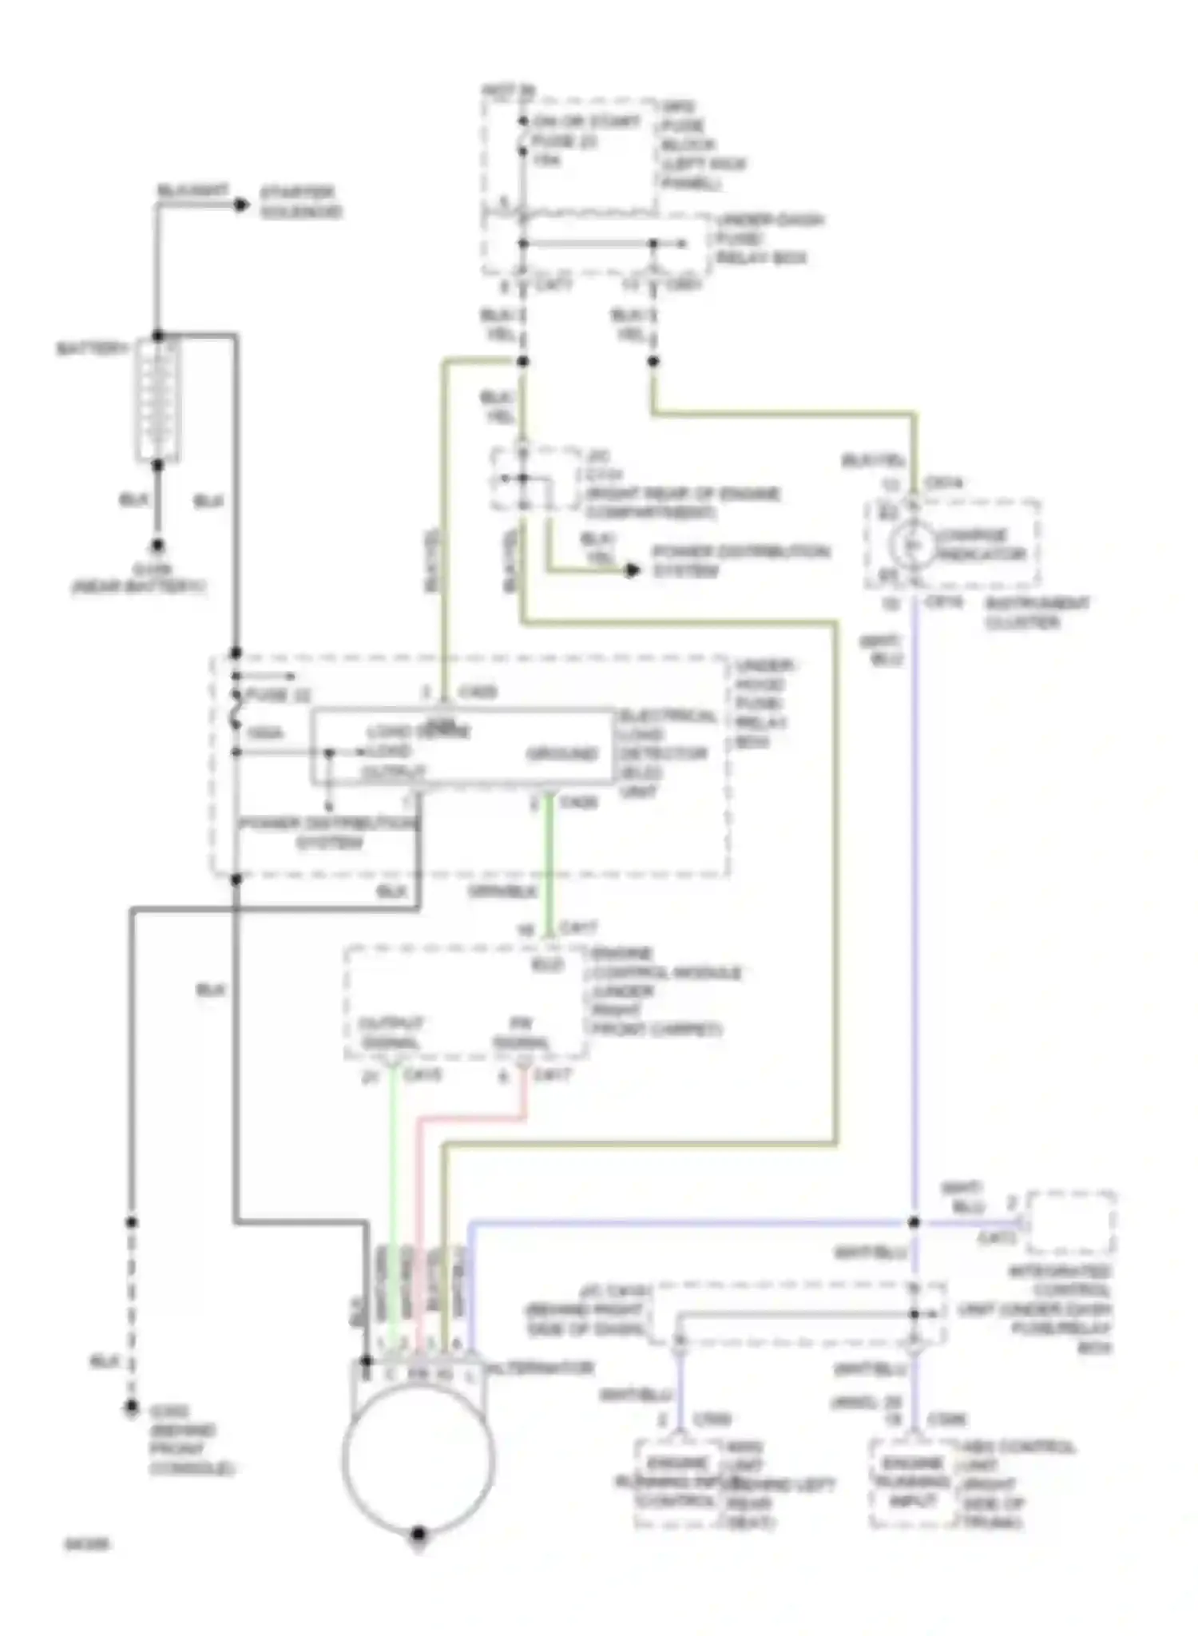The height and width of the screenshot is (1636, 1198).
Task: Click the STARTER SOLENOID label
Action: click(x=300, y=202)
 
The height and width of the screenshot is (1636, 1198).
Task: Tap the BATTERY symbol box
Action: click(x=157, y=399)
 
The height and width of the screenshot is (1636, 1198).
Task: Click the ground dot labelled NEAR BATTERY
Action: click(x=157, y=546)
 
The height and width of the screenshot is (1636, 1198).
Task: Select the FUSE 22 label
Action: click(x=277, y=695)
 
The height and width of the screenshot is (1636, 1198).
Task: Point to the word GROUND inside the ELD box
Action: click(x=561, y=753)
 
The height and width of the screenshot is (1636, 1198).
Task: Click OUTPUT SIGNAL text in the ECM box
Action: click(x=391, y=1033)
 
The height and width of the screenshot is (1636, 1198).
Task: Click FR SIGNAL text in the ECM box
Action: click(x=520, y=1033)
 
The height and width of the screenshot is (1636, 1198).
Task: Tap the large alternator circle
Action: click(x=418, y=1458)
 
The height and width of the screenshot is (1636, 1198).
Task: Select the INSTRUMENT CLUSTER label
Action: click(x=1037, y=613)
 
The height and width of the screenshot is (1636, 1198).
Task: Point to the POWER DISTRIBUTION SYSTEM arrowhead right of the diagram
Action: click(x=633, y=570)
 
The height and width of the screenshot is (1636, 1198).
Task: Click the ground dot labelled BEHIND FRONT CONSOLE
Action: click(x=131, y=1408)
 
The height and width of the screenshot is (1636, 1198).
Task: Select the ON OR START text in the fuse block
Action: click(x=587, y=121)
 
